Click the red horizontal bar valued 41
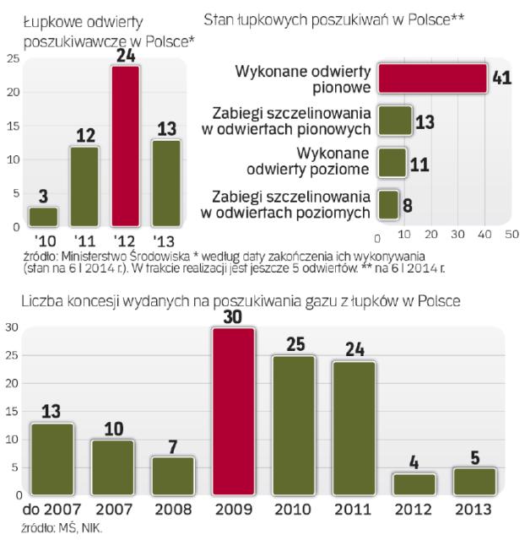(432, 78)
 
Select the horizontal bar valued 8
(387, 203)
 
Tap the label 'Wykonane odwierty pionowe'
(303, 78)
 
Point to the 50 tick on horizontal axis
(511, 234)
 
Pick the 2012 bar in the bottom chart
(413, 483)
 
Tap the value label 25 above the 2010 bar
(292, 343)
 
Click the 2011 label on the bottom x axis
(353, 510)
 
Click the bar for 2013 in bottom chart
(474, 481)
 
